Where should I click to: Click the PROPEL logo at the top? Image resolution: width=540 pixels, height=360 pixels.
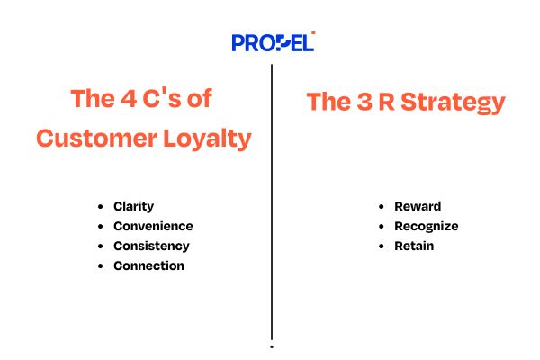click(x=273, y=41)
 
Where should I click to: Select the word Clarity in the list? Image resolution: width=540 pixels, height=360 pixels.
click(x=133, y=207)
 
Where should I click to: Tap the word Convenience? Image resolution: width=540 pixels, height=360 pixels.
click(x=153, y=227)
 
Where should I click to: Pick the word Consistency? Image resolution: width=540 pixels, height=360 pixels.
click(x=151, y=247)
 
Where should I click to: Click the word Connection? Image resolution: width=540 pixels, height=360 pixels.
click(x=148, y=266)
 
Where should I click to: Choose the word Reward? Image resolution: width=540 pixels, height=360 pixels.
click(x=418, y=207)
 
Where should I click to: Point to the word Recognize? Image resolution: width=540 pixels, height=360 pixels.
click(x=426, y=227)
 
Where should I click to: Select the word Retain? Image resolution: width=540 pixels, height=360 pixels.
click(x=414, y=247)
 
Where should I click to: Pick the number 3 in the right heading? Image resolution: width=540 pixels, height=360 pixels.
click(x=360, y=102)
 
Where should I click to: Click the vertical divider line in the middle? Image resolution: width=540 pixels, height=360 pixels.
click(x=271, y=198)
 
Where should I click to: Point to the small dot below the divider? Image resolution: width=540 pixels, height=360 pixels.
click(x=271, y=346)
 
